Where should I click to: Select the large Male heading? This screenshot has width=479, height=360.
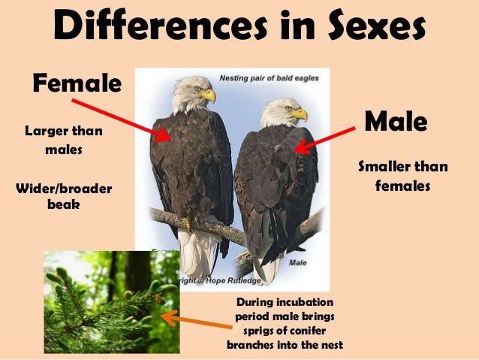(395, 120)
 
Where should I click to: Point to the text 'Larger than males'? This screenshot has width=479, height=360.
(64, 141)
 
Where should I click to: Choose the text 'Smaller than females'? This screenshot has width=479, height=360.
(402, 175)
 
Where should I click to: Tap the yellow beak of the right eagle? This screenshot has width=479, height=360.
(300, 114)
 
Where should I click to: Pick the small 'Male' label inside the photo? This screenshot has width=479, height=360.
(298, 263)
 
